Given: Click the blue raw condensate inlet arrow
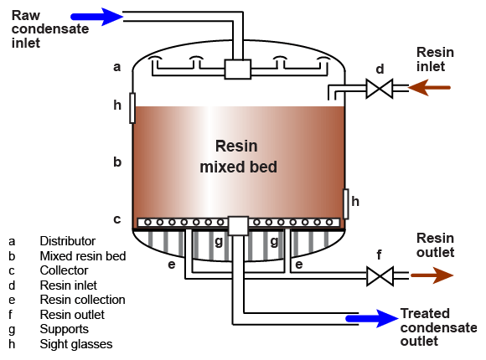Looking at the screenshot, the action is click(x=96, y=17).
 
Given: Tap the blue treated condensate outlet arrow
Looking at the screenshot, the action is click(x=372, y=318).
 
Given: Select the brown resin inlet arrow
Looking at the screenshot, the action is click(x=429, y=88).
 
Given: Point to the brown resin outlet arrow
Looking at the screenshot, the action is click(x=432, y=275).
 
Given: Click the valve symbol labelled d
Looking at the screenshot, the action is click(x=380, y=89).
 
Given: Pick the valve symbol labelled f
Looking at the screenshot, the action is click(x=380, y=275).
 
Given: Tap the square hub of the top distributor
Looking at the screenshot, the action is click(x=237, y=69).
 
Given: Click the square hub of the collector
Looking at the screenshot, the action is click(x=238, y=225).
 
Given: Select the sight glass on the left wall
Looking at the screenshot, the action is click(x=132, y=108).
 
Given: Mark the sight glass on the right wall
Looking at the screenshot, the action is click(x=345, y=203).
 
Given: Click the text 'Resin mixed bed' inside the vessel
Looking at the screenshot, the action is click(x=238, y=157).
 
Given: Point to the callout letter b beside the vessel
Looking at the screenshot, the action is click(x=117, y=162).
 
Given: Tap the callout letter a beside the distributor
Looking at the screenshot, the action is click(x=116, y=67).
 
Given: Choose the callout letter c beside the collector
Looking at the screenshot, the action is click(x=116, y=219).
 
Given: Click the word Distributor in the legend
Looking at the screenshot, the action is click(x=68, y=241).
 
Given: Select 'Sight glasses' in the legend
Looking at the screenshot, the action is click(x=76, y=344).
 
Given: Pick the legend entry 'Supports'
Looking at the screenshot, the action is click(x=65, y=329).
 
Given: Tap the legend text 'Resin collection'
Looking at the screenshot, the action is click(x=82, y=300).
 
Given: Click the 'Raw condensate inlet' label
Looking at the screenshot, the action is click(x=50, y=29).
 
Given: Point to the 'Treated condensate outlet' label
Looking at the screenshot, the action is click(x=438, y=327).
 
